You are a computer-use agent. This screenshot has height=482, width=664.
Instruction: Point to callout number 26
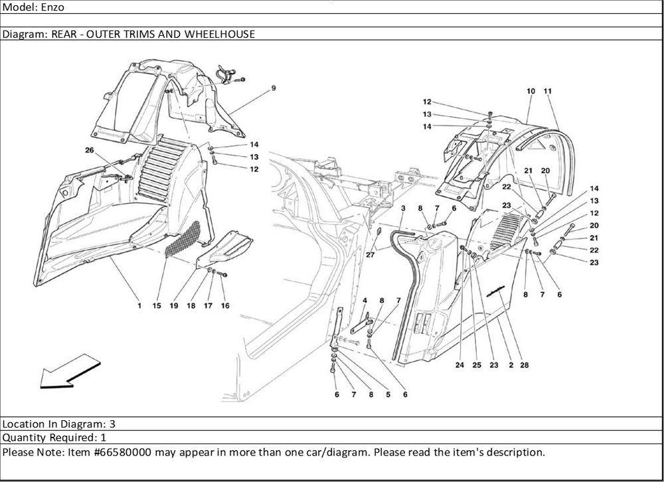90,150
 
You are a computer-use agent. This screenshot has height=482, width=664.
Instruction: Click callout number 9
273,88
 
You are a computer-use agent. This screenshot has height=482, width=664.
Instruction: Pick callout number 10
531,90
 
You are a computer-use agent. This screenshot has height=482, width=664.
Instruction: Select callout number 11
547,90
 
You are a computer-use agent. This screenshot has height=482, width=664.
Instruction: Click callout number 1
139,306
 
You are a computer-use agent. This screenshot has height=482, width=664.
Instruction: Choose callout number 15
157,306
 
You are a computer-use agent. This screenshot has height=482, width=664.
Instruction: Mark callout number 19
173,306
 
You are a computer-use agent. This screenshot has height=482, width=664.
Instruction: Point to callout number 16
225,306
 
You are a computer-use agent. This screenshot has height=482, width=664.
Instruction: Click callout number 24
459,365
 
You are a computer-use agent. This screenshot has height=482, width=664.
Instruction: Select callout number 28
525,365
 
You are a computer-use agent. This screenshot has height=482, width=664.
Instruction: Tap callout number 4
365,301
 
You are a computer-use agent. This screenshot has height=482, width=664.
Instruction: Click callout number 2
509,365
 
